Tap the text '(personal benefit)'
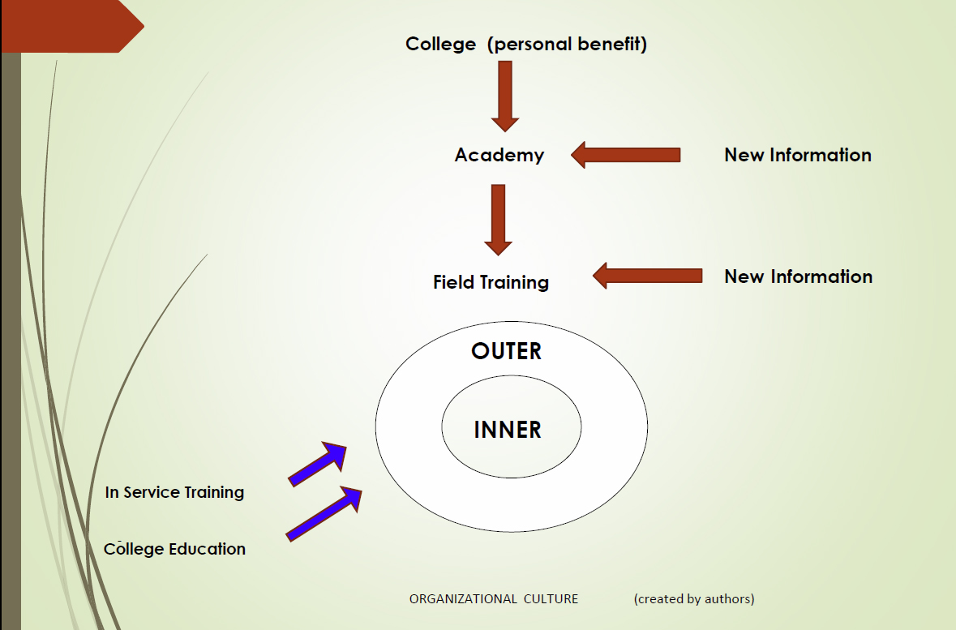[x=567, y=44]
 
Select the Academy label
[x=499, y=155]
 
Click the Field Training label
[x=491, y=282]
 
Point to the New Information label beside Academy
[x=797, y=155]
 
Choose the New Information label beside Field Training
[x=798, y=276]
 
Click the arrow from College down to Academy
[x=505, y=95]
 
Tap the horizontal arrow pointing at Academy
[x=625, y=154]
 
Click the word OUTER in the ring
[x=506, y=351]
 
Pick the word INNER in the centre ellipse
[x=508, y=429]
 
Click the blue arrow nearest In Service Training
[x=318, y=464]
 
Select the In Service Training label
[x=174, y=492]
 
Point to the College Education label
[x=174, y=549]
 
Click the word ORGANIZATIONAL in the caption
[x=462, y=599]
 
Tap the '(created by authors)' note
[x=694, y=599]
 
